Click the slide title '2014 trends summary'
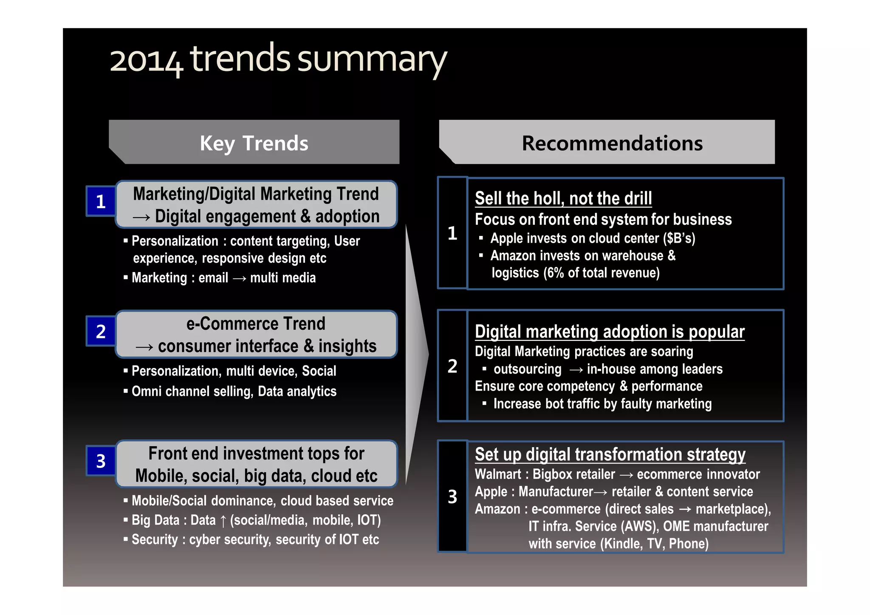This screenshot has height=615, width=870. point(278,60)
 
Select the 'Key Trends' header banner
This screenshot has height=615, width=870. point(254,143)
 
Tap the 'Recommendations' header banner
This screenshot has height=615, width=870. point(612,143)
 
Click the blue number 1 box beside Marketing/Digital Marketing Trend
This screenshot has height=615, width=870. point(101,201)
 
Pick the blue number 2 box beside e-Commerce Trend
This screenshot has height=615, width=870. point(101,332)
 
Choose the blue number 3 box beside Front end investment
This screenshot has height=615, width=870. point(101,461)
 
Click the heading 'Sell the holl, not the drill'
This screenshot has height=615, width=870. point(563,198)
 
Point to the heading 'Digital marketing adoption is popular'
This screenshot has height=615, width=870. point(610,332)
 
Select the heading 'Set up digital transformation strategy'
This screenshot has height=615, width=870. point(610,454)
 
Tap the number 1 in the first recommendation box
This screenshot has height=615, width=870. point(452,233)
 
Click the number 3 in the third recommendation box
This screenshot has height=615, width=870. point(452,497)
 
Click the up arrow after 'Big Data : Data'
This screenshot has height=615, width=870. point(223,521)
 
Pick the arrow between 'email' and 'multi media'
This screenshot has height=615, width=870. point(239,278)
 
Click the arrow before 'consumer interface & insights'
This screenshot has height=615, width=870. point(144,347)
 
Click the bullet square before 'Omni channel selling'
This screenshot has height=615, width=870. point(126,391)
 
